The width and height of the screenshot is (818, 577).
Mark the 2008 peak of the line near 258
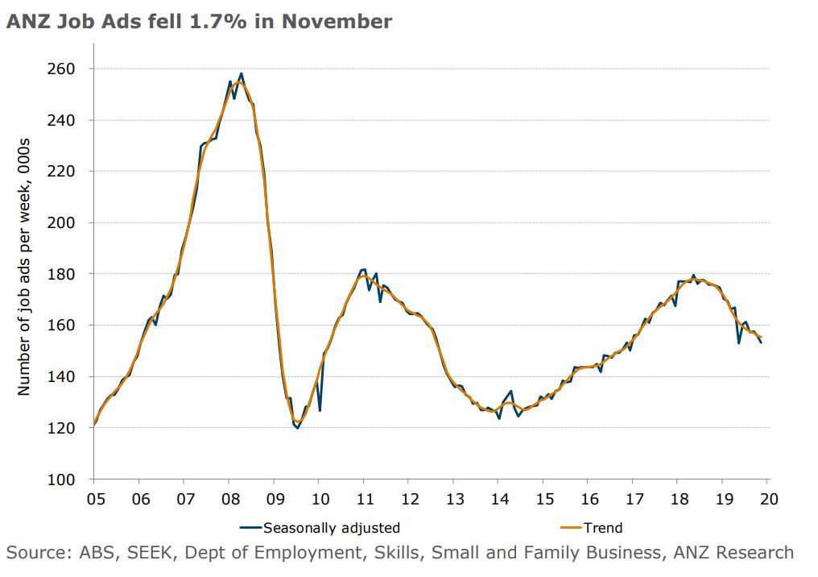(242, 73)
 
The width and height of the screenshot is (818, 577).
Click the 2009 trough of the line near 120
(298, 428)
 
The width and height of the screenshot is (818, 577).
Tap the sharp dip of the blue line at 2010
(320, 411)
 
